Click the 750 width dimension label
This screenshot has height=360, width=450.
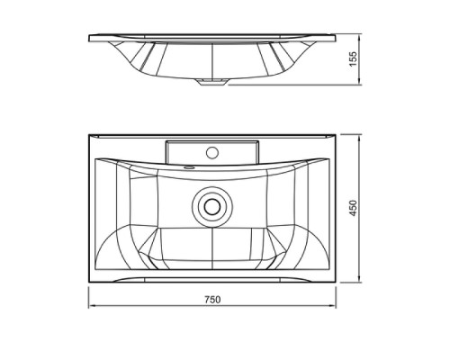tap(212, 300)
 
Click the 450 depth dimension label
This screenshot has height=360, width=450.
tap(354, 208)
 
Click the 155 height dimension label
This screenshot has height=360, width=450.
tap(354, 59)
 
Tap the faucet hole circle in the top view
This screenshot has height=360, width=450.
tap(212, 152)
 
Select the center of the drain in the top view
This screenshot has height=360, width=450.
tap(212, 206)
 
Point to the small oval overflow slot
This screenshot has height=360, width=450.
tap(189, 167)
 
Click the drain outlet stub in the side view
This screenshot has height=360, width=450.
tap(212, 82)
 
